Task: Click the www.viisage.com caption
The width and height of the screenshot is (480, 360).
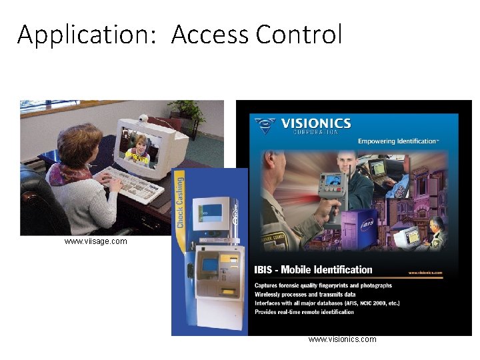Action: point(95,241)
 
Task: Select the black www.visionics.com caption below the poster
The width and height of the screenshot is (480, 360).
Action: point(342,339)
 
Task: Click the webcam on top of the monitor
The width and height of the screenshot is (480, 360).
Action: point(142,119)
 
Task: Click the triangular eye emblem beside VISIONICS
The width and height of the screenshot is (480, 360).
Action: point(265,124)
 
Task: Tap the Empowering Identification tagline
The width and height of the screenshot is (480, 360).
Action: point(399,141)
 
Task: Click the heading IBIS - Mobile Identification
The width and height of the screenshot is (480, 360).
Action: point(313,270)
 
